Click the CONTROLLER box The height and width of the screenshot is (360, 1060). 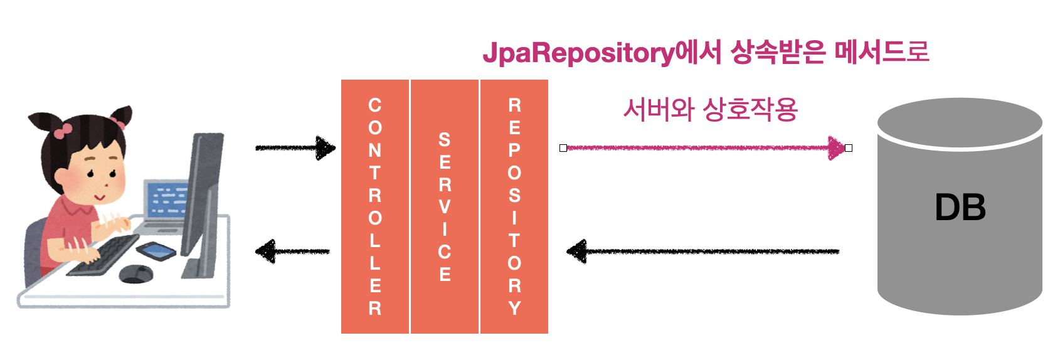[x=375, y=206]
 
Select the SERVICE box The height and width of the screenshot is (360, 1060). [x=444, y=206]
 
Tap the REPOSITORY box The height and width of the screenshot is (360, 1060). [x=514, y=206]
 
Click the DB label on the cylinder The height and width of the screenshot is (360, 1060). [x=960, y=208]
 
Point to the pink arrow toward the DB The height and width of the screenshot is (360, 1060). [x=702, y=148]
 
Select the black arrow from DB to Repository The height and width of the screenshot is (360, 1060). [x=702, y=251]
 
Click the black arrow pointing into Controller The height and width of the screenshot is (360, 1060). [x=295, y=148]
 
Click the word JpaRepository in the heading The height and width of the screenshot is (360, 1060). [x=578, y=53]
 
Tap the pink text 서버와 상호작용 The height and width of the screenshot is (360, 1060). [x=710, y=110]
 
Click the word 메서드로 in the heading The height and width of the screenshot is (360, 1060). [x=881, y=51]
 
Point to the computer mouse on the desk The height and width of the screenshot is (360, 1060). [x=135, y=273]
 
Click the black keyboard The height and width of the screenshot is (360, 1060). [x=104, y=254]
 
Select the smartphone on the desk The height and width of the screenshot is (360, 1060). [x=156, y=250]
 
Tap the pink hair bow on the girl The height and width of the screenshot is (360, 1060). [x=62, y=130]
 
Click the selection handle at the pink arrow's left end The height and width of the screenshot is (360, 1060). [x=563, y=148]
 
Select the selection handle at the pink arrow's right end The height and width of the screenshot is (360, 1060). [x=849, y=148]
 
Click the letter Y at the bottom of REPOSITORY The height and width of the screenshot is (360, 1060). [x=514, y=308]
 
